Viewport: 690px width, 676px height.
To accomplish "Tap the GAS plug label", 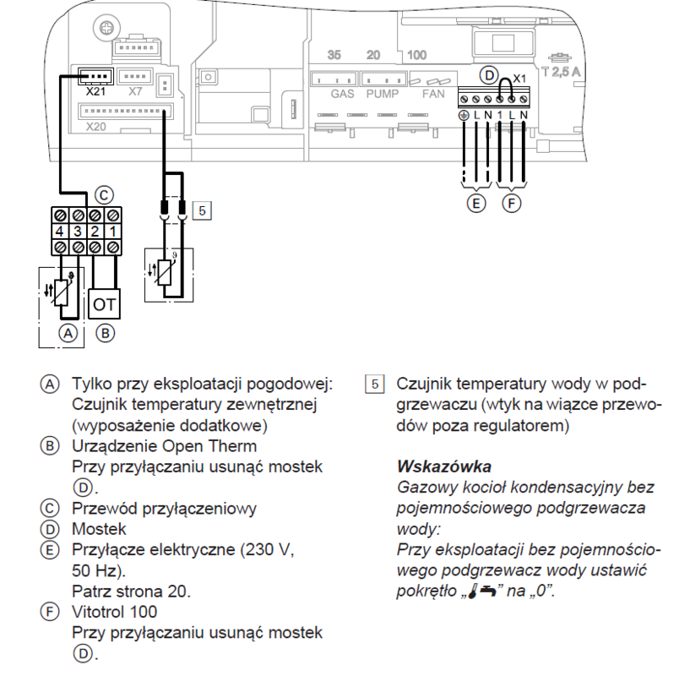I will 342,94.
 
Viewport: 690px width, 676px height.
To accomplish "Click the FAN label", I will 433,94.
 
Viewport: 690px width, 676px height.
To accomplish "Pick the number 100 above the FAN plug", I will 417,56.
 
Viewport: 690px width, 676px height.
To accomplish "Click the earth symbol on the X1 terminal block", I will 464,113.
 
